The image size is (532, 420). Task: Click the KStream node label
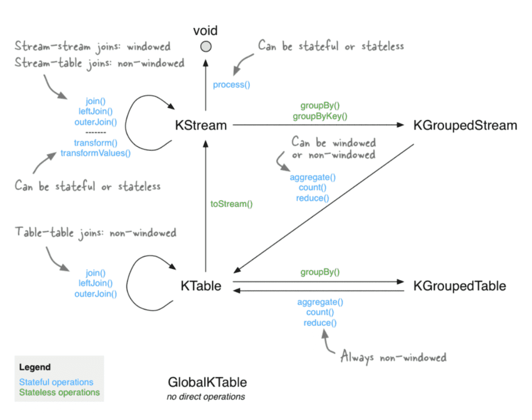(201, 125)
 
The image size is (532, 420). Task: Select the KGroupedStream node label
(465, 125)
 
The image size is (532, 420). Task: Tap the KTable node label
(201, 286)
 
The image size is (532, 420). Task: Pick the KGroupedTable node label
(459, 286)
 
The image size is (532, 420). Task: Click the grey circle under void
(206, 46)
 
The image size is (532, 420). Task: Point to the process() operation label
(232, 85)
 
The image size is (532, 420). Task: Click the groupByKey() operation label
(320, 116)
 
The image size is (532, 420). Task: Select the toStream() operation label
(232, 204)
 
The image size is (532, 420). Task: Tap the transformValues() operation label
(96, 153)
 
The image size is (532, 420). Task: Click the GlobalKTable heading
(207, 383)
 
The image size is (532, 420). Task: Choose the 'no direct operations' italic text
(206, 397)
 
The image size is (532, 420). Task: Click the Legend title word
(35, 367)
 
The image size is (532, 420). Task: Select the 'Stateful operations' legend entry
(56, 382)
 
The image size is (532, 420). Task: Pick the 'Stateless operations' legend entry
(59, 392)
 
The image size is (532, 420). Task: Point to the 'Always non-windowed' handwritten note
(394, 357)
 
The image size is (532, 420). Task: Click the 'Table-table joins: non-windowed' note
(96, 233)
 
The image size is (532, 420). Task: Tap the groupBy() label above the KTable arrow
(320, 273)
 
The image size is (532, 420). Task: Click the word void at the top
(206, 31)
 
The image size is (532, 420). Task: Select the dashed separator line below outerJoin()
(96, 133)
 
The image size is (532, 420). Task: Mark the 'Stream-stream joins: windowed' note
(93, 47)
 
